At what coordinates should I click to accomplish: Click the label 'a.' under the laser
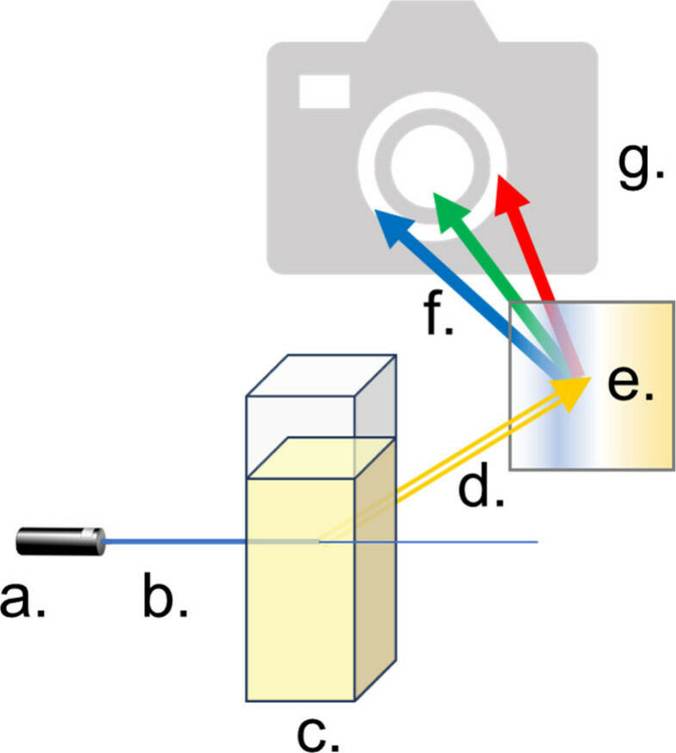pos(25,599)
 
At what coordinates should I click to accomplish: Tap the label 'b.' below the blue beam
pos(165,599)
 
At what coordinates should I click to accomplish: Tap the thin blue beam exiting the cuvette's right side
pos(465,542)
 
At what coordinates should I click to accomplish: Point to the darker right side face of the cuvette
pos(375,585)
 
